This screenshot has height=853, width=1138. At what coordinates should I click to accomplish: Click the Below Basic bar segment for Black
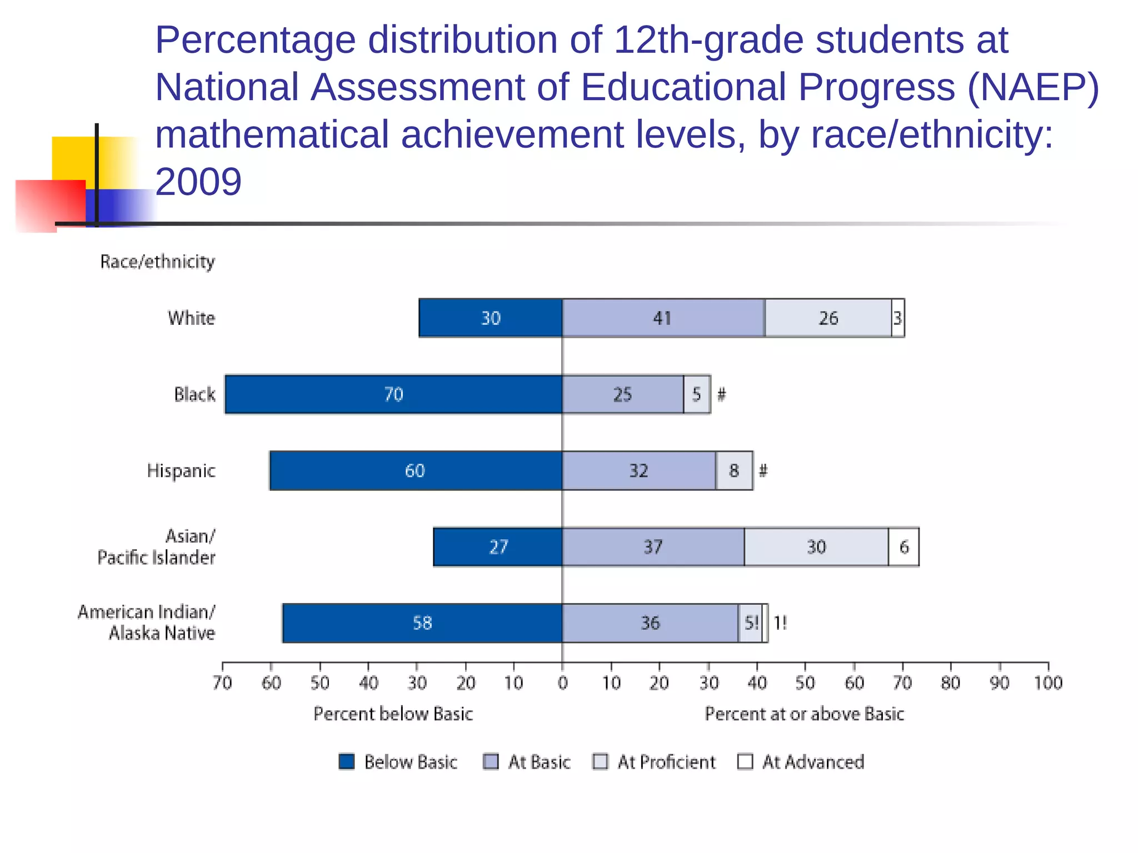393,394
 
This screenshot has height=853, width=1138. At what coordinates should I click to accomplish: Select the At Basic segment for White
663,318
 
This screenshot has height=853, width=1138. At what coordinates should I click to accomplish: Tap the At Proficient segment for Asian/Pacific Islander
816,547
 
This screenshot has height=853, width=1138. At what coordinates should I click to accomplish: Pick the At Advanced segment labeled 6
904,547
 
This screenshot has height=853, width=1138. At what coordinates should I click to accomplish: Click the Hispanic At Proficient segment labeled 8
734,471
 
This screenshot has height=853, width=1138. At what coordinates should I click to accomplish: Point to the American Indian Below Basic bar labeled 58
422,623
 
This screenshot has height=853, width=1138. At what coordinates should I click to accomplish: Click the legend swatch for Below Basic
347,761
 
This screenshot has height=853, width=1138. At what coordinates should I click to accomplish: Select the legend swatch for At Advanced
745,761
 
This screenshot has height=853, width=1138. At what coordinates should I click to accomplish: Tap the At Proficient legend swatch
600,761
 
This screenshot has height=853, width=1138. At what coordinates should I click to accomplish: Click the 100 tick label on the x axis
1048,683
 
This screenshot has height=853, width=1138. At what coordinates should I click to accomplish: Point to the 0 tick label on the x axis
562,683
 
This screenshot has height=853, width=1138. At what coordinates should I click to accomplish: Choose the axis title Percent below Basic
393,714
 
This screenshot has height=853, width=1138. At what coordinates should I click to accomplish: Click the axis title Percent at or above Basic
804,714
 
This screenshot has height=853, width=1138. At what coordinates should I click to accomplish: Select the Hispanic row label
181,471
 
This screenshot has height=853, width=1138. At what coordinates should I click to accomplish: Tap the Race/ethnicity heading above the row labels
157,262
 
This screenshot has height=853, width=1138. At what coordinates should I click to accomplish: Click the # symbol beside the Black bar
721,394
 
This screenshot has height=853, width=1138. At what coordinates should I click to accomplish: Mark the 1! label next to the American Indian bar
780,623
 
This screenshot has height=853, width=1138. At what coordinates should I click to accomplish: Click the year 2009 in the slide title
198,182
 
